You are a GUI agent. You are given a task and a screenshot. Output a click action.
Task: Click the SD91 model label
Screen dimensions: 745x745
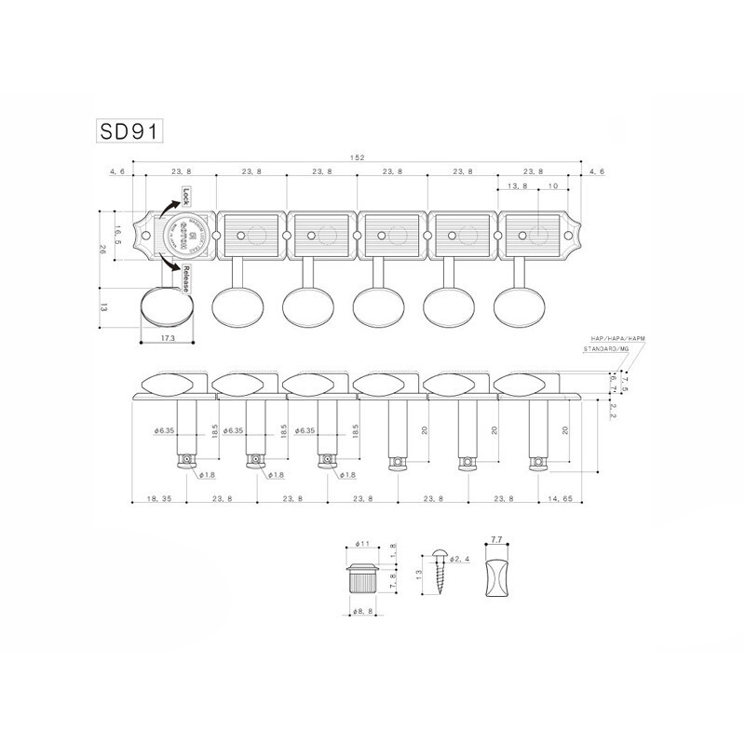point(130,131)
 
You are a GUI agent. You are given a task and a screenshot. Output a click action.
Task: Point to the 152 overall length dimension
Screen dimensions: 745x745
point(357,158)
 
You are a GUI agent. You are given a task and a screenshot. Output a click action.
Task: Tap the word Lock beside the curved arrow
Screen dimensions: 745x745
point(186,196)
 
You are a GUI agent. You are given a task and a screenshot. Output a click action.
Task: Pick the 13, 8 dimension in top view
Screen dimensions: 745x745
point(518,187)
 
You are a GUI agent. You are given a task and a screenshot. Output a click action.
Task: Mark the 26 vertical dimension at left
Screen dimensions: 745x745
point(102,250)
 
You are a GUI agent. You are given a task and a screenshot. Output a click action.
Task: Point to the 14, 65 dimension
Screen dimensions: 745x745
point(562,500)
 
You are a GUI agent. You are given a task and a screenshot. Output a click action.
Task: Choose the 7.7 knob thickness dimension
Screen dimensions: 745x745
point(495,539)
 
